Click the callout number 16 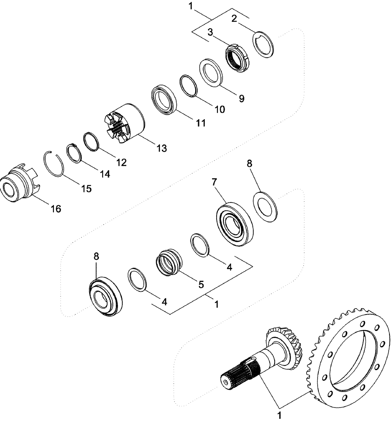56,208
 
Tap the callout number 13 162,148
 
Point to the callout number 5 201,285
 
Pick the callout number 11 201,123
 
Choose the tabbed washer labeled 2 265,44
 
